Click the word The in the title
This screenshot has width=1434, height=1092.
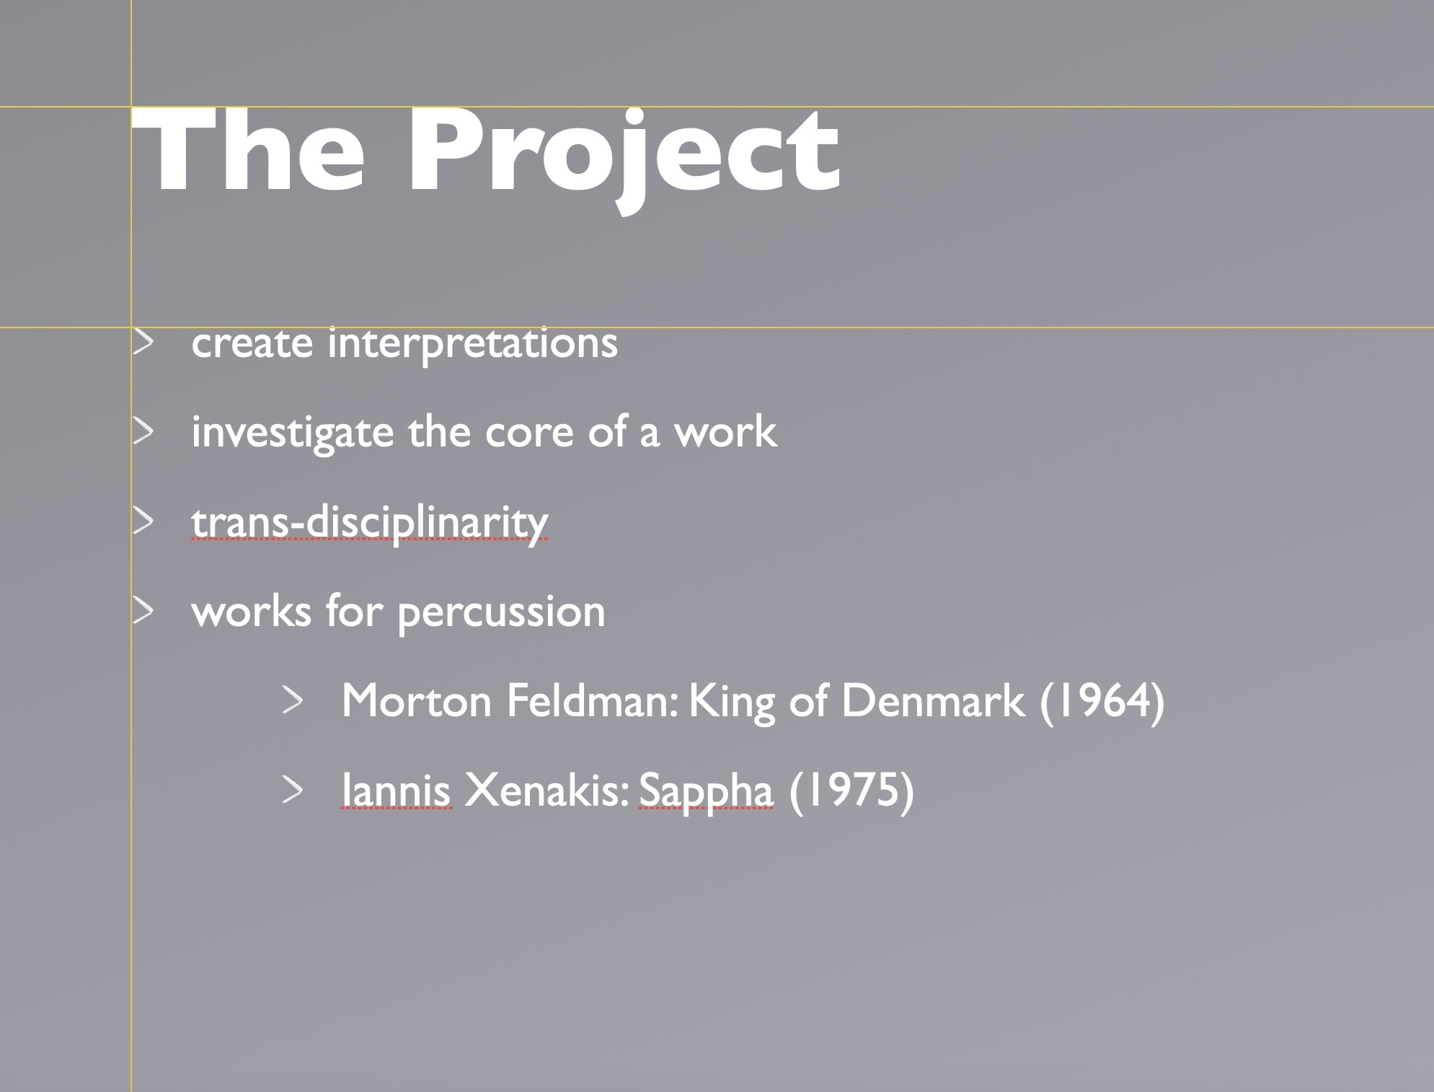249,151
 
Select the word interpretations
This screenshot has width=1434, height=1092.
472,343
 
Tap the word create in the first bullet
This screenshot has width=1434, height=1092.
252,344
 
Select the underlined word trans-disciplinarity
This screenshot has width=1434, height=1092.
370,523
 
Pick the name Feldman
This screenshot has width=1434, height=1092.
592,700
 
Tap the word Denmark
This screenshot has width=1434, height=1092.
932,700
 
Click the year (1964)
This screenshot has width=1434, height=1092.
1102,702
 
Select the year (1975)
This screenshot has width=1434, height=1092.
851,791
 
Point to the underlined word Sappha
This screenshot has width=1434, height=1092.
706,792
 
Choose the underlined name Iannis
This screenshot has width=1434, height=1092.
397,790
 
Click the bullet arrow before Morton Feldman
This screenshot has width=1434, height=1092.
292,700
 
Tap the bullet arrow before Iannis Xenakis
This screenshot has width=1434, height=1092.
292,790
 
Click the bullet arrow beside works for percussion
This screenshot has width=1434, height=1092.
143,611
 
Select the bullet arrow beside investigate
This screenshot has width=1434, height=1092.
143,431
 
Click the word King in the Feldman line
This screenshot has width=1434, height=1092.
732,702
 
